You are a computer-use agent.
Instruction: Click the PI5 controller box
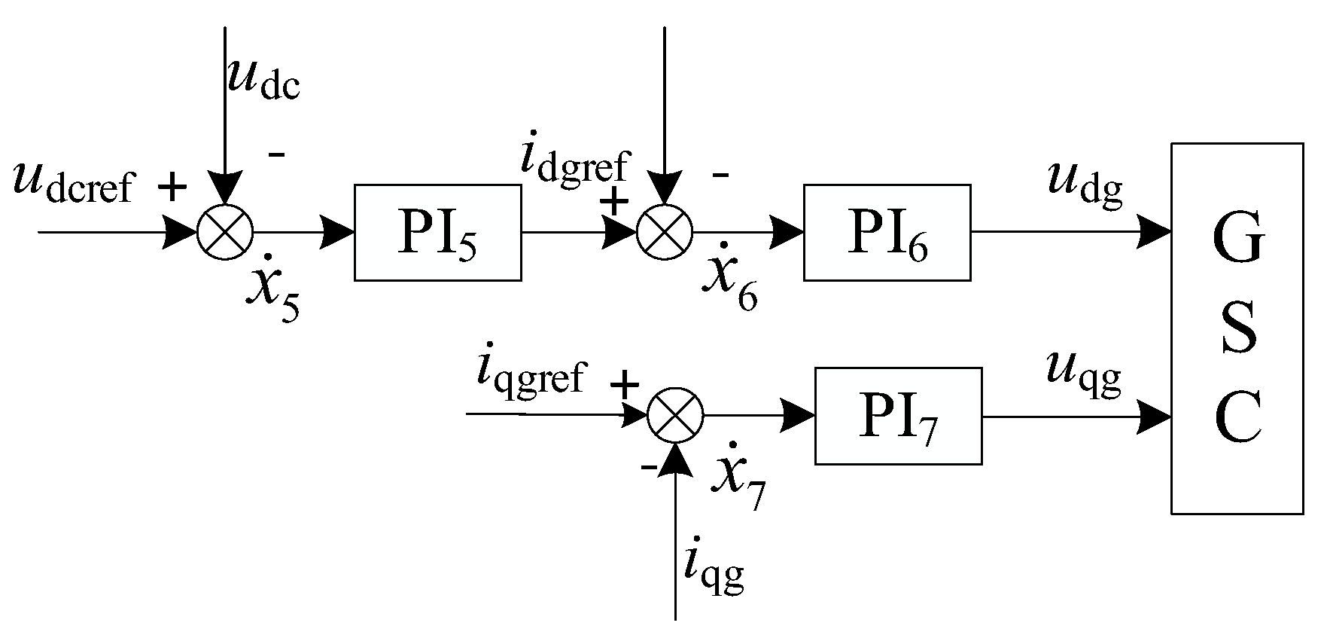437,233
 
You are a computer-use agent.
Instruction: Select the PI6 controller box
887,233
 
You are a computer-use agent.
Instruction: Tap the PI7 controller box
898,416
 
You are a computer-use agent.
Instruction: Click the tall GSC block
1237,328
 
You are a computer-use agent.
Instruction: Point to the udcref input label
73,185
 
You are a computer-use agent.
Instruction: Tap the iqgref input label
531,373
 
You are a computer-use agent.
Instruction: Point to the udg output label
1084,185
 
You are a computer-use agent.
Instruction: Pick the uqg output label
1084,374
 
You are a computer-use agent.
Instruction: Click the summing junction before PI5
224,232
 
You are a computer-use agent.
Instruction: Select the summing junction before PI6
665,232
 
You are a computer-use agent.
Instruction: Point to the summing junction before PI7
675,416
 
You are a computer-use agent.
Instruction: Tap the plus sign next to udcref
172,188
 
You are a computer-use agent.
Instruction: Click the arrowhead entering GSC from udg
1153,232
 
